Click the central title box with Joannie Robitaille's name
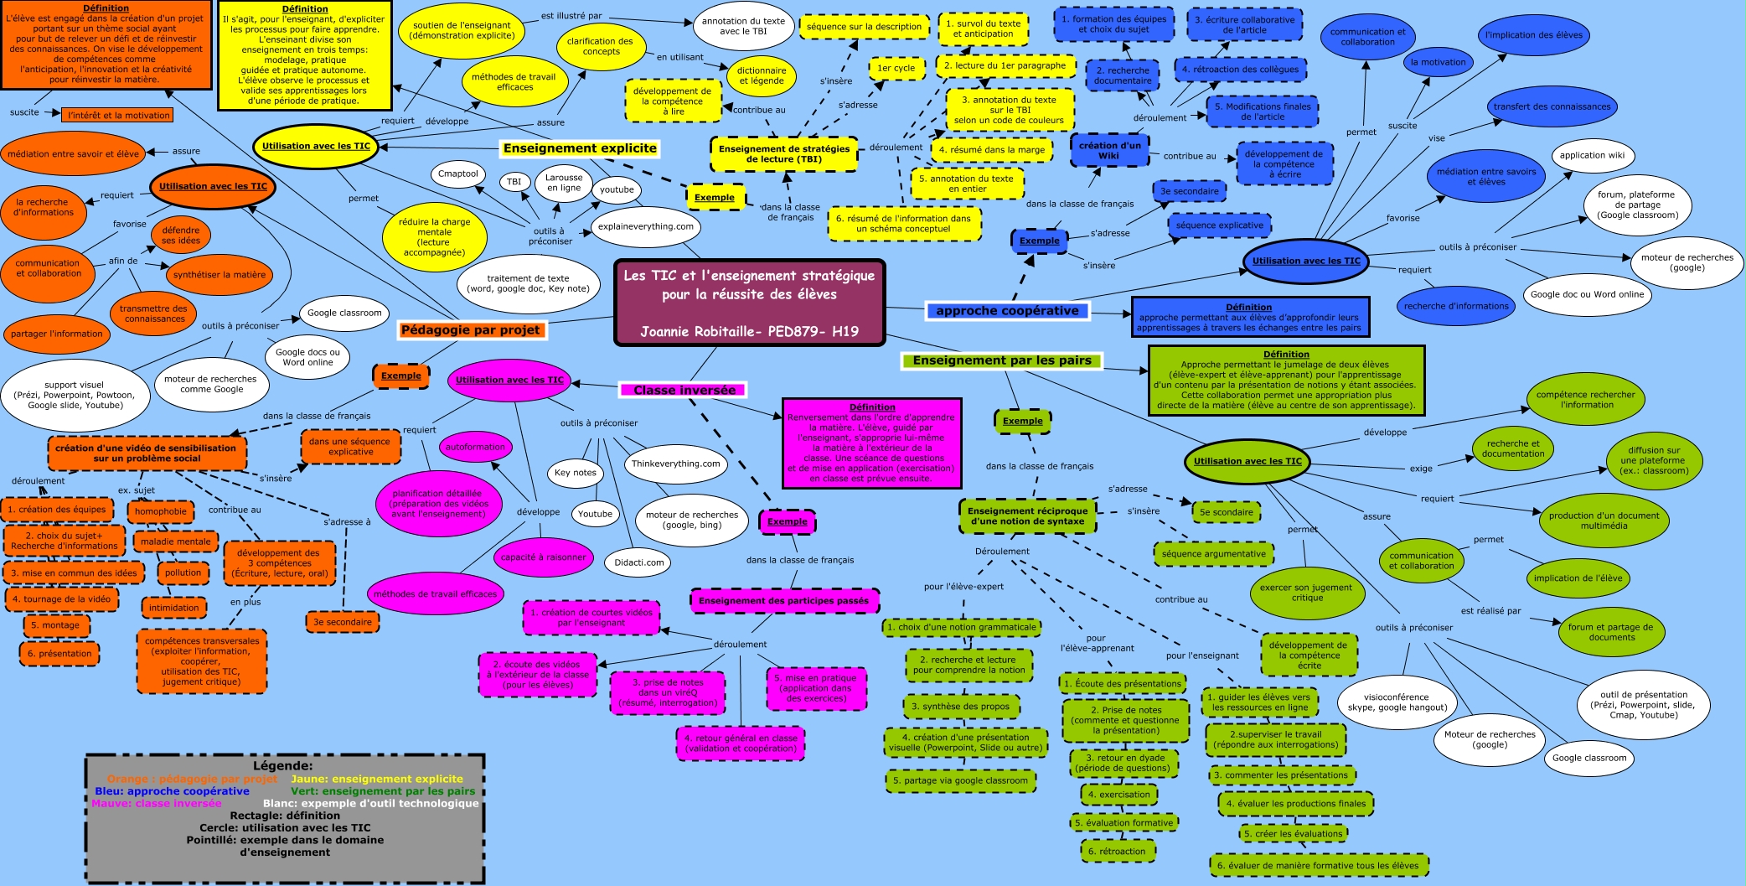tap(749, 303)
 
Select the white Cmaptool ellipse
tap(458, 174)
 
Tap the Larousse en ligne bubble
tap(564, 183)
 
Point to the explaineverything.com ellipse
tap(645, 226)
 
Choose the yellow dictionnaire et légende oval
tap(762, 75)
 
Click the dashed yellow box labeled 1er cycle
tap(896, 68)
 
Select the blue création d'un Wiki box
tap(1108, 150)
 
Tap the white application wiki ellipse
tap(1592, 155)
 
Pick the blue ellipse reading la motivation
tap(1438, 62)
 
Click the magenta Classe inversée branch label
tap(684, 390)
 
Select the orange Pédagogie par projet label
tap(471, 330)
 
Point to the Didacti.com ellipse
tap(638, 562)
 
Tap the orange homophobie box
tap(161, 511)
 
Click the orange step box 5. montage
tap(55, 625)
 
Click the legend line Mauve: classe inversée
tap(157, 803)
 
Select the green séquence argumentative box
tap(1213, 554)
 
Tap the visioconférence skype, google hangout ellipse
tap(1397, 702)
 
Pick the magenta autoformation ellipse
tap(475, 447)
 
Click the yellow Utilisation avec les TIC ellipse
tap(316, 146)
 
